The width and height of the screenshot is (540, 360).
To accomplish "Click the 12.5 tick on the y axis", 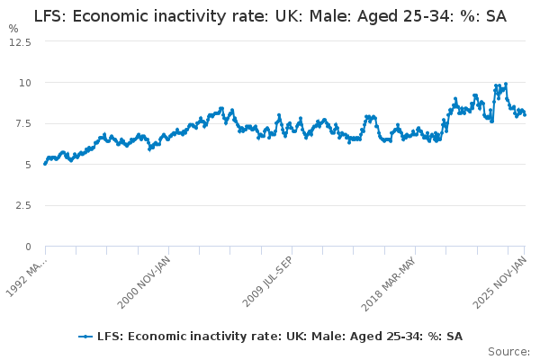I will click(x=21, y=41).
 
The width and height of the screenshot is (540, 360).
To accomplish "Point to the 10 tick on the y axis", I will click(x=25, y=83).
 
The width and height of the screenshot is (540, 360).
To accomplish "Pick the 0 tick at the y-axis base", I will click(x=29, y=247).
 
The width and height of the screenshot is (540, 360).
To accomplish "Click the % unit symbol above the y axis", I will click(x=13, y=29).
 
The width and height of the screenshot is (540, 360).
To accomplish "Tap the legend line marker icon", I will click(x=85, y=337).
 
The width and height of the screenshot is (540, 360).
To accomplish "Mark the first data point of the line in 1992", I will click(x=45, y=164).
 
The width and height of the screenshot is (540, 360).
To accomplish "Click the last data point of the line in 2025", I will click(x=525, y=114).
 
